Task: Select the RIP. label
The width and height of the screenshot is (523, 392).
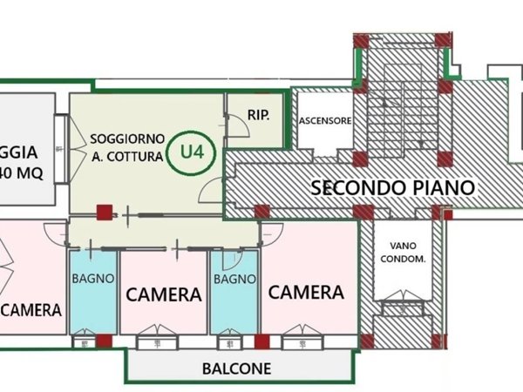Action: [x=258, y=114]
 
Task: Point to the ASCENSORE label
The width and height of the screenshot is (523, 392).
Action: [x=324, y=121]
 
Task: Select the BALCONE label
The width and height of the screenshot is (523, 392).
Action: [x=236, y=368]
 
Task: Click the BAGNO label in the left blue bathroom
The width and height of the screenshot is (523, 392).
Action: [x=92, y=279]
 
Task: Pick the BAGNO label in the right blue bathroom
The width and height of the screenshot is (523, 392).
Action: [x=234, y=279]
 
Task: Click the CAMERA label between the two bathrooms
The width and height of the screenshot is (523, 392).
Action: [x=164, y=294]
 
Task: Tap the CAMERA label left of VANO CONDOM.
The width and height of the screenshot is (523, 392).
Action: [x=306, y=292]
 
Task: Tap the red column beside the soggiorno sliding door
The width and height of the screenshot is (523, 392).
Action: [x=105, y=213]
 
